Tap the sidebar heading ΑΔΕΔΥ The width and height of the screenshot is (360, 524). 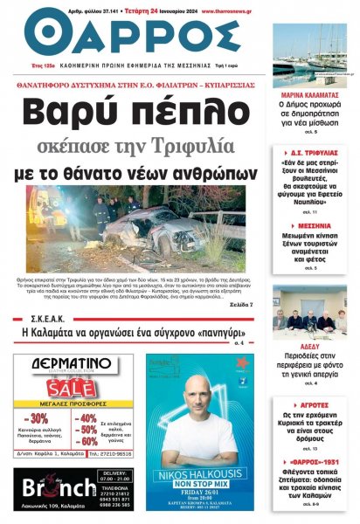tap(309, 346)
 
